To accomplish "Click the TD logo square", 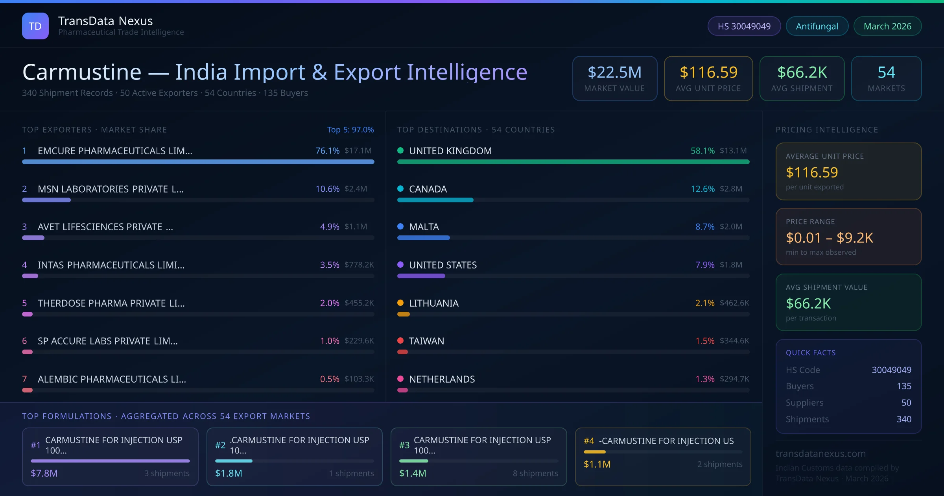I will [35, 26].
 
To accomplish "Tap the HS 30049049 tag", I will [744, 26].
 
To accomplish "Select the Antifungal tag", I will [817, 26].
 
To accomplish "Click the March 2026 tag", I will [887, 26].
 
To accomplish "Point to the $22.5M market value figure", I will [614, 72].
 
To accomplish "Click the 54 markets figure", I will [886, 72].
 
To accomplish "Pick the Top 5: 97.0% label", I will [350, 130].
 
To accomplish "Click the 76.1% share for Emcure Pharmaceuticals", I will [327, 151].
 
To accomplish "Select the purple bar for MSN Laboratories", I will [46, 200].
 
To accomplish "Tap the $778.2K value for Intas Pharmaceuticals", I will [359, 265].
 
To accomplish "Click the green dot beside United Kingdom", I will [400, 150].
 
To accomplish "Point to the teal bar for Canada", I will [435, 200].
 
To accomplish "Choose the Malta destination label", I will [424, 227].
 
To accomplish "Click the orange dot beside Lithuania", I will [400, 303].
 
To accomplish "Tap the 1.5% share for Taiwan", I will [705, 341].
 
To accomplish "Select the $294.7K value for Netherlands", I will [734, 379].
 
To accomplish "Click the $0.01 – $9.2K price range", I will [829, 238].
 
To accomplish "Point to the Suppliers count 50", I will [906, 403].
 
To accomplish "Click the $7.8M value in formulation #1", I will [44, 473].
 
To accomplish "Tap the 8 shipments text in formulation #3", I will [535, 473].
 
